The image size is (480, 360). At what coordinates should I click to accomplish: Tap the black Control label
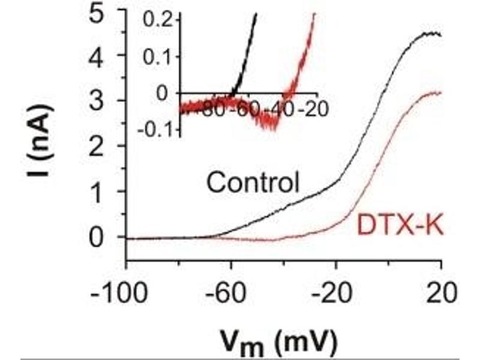(x=253, y=182)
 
